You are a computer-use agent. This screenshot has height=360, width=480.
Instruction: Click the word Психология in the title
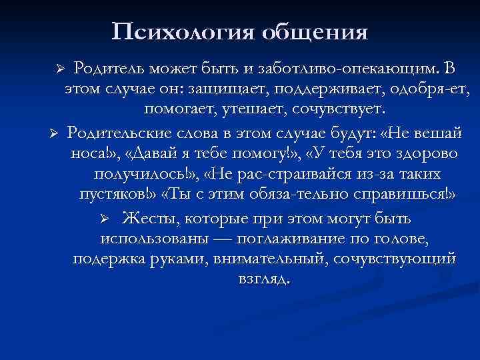pyautogui.click(x=181, y=31)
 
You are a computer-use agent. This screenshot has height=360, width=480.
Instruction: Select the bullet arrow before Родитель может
pyautogui.click(x=59, y=70)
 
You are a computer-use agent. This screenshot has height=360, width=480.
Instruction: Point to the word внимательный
pyautogui.click(x=279, y=259)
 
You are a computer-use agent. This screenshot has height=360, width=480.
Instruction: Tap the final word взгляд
pyautogui.click(x=263, y=279)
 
